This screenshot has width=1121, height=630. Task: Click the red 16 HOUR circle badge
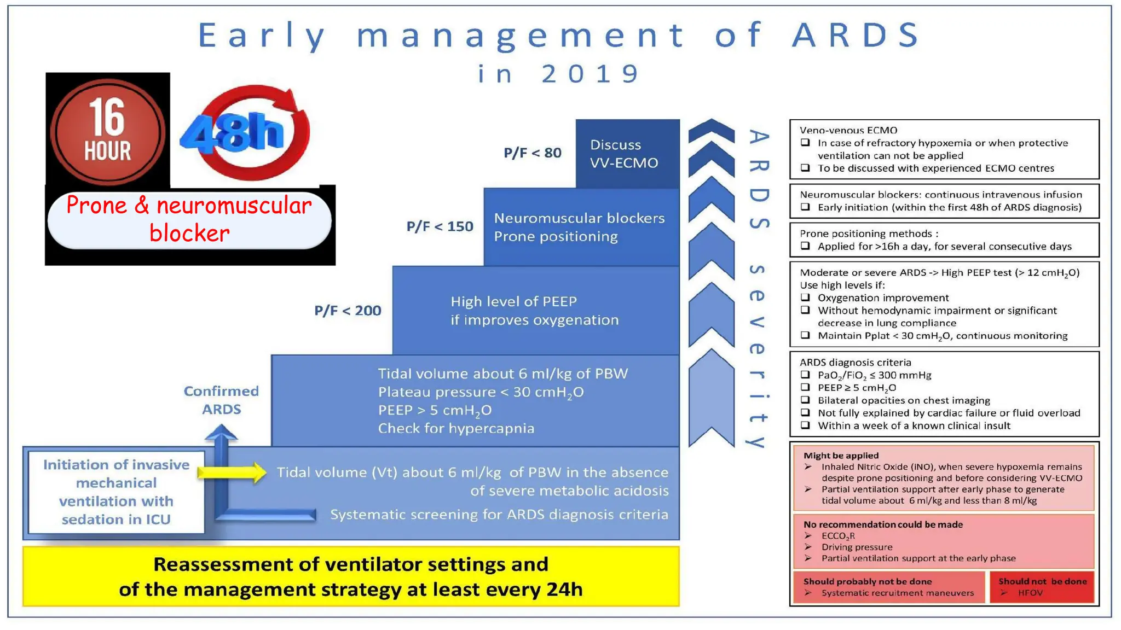[x=107, y=131]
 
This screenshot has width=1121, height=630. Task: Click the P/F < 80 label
[x=532, y=153]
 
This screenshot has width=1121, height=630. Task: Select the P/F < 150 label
[x=440, y=226]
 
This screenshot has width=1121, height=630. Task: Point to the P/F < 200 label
[x=348, y=311]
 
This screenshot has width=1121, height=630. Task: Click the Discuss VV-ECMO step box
[x=627, y=154]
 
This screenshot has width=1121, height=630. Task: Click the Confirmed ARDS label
[x=221, y=400]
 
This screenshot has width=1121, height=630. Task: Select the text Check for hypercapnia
[x=456, y=428]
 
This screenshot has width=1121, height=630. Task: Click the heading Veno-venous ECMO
[x=848, y=130]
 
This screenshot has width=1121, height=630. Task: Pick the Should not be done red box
[x=1042, y=587]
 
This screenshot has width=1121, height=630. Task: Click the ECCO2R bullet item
[x=837, y=536]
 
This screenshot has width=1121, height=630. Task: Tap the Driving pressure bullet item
[x=856, y=547]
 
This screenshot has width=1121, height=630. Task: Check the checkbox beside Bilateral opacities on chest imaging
[x=805, y=400]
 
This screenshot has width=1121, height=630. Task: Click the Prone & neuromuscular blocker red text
[x=189, y=219]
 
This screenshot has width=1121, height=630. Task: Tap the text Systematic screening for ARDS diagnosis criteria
[x=499, y=515]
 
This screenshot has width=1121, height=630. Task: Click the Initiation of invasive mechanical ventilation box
[x=116, y=492]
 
